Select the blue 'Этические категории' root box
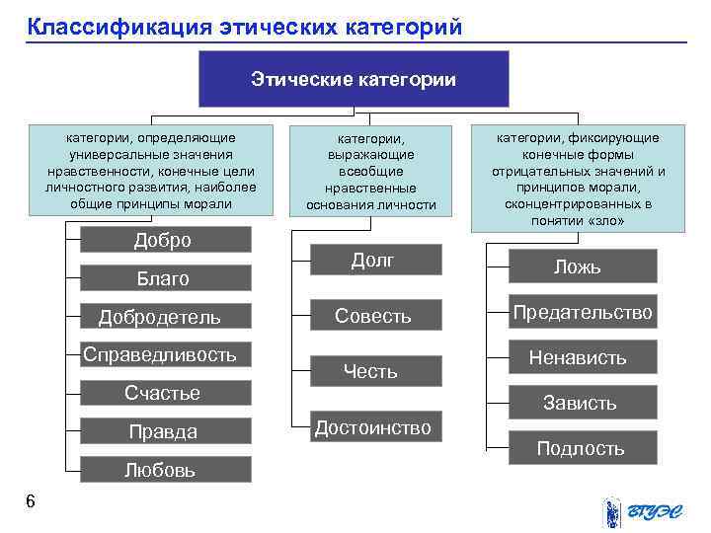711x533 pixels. tap(354, 79)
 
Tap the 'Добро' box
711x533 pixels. tap(164, 241)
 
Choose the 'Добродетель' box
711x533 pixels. tap(164, 317)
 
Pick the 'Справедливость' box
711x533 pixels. tap(164, 354)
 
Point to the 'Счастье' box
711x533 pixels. tap(164, 393)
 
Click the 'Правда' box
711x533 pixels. tap(164, 431)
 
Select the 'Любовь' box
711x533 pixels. tap(164, 469)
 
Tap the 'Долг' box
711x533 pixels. tap(373, 260)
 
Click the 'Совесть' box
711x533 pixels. tap(373, 316)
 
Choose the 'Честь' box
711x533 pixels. tap(373, 371)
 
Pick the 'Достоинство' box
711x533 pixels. tap(373, 427)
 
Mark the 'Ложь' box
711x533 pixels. tap(581, 266)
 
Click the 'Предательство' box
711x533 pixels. tap(581, 312)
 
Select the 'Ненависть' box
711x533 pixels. tap(581, 357)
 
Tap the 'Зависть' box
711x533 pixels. tap(581, 403)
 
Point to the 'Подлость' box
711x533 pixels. tap(581, 448)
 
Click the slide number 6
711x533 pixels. tap(31, 502)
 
